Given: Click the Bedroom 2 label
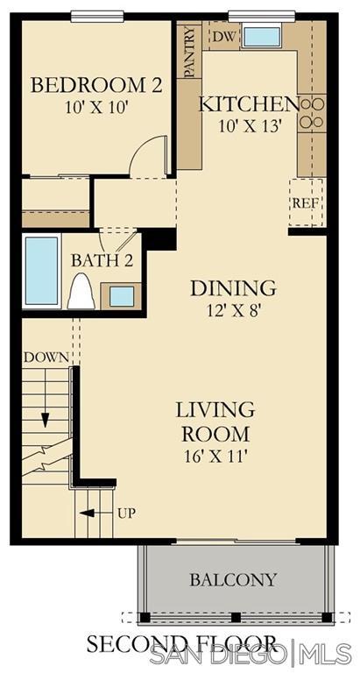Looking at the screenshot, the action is tap(96, 85).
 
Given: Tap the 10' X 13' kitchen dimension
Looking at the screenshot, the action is tap(251, 126).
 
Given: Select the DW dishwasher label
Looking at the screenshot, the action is tap(224, 37).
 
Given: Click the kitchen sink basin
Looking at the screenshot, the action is tap(262, 37).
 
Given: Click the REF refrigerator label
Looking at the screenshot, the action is tap(306, 203).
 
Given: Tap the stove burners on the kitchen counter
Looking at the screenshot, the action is tap(312, 113).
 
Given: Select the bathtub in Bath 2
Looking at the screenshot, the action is tap(42, 271).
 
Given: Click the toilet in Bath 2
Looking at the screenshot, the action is tap(81, 292).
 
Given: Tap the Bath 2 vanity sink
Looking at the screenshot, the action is tap(122, 296).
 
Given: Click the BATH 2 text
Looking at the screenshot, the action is tap(102, 260).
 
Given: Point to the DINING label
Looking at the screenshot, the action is tap(233, 288).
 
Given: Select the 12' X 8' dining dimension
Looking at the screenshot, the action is tap(233, 310).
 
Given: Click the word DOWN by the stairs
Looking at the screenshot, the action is tap(46, 358).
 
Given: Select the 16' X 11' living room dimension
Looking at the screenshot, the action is tap(215, 455).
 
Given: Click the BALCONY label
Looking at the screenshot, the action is tap(233, 580).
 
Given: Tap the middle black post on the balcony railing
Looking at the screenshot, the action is tap(236, 617).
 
